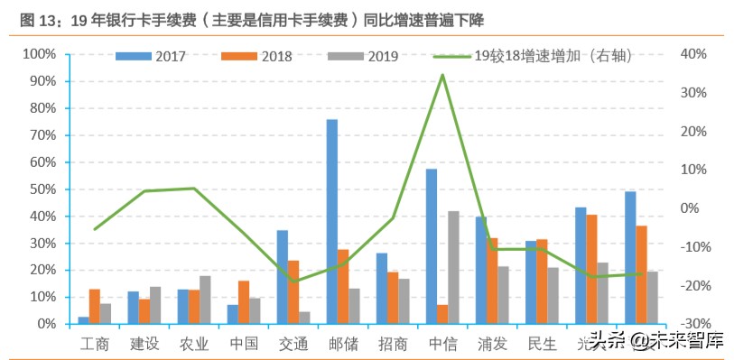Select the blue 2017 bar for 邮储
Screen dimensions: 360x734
pos(332,221)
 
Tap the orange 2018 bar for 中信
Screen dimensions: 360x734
pos(442,314)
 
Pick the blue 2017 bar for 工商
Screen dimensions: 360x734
pos(84,319)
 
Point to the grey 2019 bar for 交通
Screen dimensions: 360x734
pos(305,318)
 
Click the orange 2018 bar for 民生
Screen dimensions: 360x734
pos(542,281)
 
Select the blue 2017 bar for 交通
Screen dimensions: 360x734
pos(283,276)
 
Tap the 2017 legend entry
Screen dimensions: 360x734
pos(153,56)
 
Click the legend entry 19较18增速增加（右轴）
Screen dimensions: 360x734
pos(542,56)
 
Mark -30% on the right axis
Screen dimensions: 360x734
pos(692,324)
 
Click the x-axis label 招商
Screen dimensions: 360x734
pos(393,343)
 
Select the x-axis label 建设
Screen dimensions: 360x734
pos(144,343)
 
